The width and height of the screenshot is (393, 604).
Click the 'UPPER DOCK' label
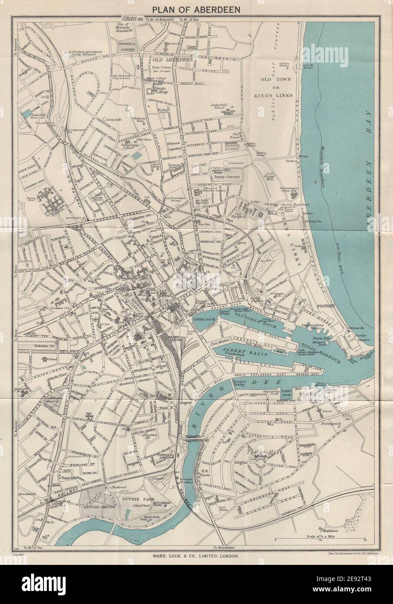[201, 319]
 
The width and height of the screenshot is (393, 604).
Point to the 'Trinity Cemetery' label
[226, 177]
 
